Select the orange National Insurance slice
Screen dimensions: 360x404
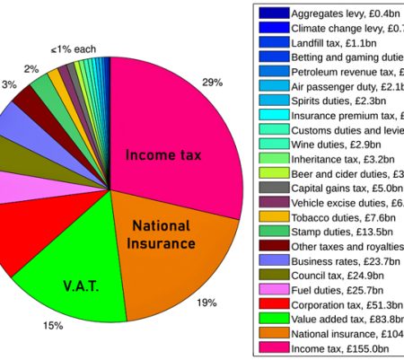click(166, 238)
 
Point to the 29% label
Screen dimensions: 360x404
click(213, 83)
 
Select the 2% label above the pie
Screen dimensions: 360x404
click(31, 69)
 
